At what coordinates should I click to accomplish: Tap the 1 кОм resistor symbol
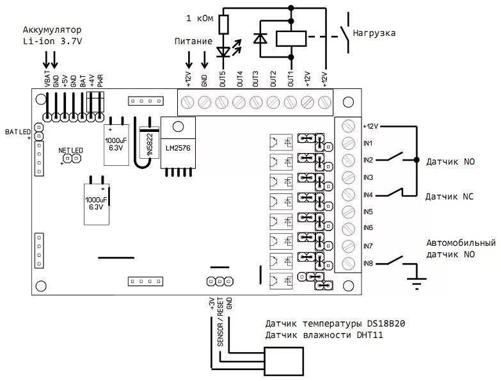(222, 25)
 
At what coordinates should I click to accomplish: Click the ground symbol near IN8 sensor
(417, 282)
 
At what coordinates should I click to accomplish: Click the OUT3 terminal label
(255, 79)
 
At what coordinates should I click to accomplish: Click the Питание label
(193, 41)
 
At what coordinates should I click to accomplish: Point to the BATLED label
(18, 132)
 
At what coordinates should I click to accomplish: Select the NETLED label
(70, 150)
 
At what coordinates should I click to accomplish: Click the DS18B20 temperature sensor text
(335, 324)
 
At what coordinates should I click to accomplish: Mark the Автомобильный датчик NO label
(461, 248)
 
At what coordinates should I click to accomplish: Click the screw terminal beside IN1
(349, 142)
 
